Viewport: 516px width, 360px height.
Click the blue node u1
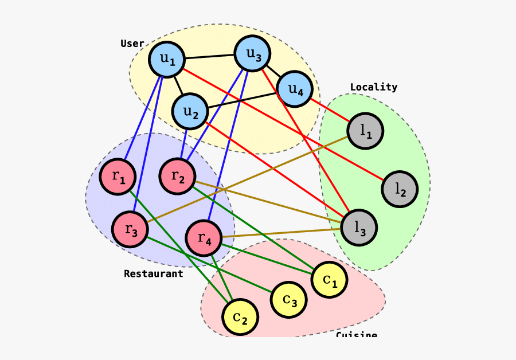(x=166, y=59)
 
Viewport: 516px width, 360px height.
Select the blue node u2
(x=190, y=111)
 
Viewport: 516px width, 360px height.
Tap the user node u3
(x=253, y=54)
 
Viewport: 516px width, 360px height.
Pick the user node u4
(x=294, y=89)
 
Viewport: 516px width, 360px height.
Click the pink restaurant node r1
(x=118, y=177)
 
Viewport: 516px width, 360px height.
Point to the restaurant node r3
(x=130, y=229)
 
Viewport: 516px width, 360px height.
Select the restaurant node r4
(x=204, y=237)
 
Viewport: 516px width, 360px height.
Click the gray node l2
(x=399, y=189)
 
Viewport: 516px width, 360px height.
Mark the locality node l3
(x=359, y=227)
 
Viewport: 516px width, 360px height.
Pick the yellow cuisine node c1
(x=329, y=280)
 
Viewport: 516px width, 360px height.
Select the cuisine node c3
(x=288, y=299)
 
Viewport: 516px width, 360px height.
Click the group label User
(x=132, y=44)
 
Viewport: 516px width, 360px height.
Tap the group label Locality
(x=373, y=87)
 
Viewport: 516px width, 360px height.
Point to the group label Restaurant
(x=153, y=273)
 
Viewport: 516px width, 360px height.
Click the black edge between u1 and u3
(x=209, y=57)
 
